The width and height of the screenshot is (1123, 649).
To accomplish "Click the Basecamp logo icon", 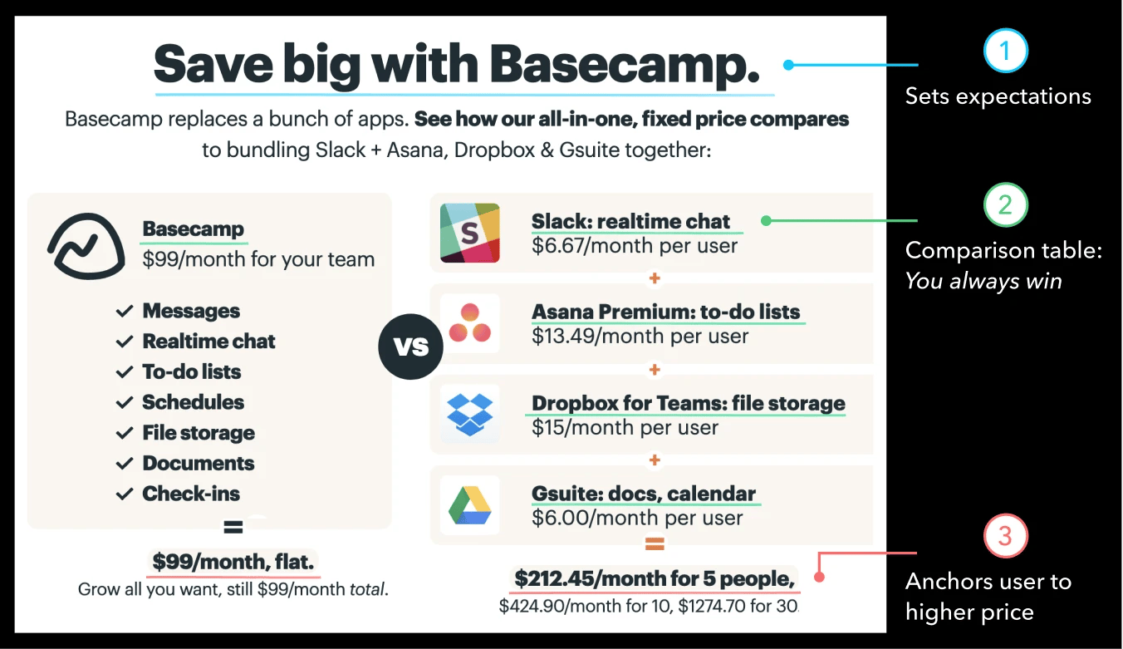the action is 86,246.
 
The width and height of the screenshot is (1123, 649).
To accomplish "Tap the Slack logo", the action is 470,233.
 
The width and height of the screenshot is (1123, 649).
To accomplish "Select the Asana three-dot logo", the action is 470,323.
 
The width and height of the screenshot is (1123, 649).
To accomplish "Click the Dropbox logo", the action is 470,415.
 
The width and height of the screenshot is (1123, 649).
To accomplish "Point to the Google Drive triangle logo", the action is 470,505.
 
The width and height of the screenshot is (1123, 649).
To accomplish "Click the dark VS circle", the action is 410,347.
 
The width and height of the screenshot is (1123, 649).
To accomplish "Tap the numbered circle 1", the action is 1005,51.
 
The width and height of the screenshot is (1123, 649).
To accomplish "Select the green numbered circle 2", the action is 1005,204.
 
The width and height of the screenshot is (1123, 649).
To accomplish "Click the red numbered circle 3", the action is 1005,536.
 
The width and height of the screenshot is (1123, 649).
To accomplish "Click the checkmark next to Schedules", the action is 125,402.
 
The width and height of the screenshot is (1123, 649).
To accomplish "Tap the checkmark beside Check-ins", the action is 125,494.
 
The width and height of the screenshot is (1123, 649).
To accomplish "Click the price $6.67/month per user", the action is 635,246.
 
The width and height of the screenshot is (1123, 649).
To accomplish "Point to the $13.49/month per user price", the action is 640,336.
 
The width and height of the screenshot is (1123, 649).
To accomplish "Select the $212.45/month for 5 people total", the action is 655,579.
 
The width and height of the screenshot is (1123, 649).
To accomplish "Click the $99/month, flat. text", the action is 233,562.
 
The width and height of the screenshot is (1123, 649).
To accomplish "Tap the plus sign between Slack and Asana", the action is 655,278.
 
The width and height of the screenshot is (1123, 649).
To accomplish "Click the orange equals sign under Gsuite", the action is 655,544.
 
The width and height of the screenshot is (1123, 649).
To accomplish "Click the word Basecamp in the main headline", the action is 624,65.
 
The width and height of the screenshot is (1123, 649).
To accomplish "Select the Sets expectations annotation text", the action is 998,96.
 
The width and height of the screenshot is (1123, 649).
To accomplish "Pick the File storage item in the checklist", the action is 199,433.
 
